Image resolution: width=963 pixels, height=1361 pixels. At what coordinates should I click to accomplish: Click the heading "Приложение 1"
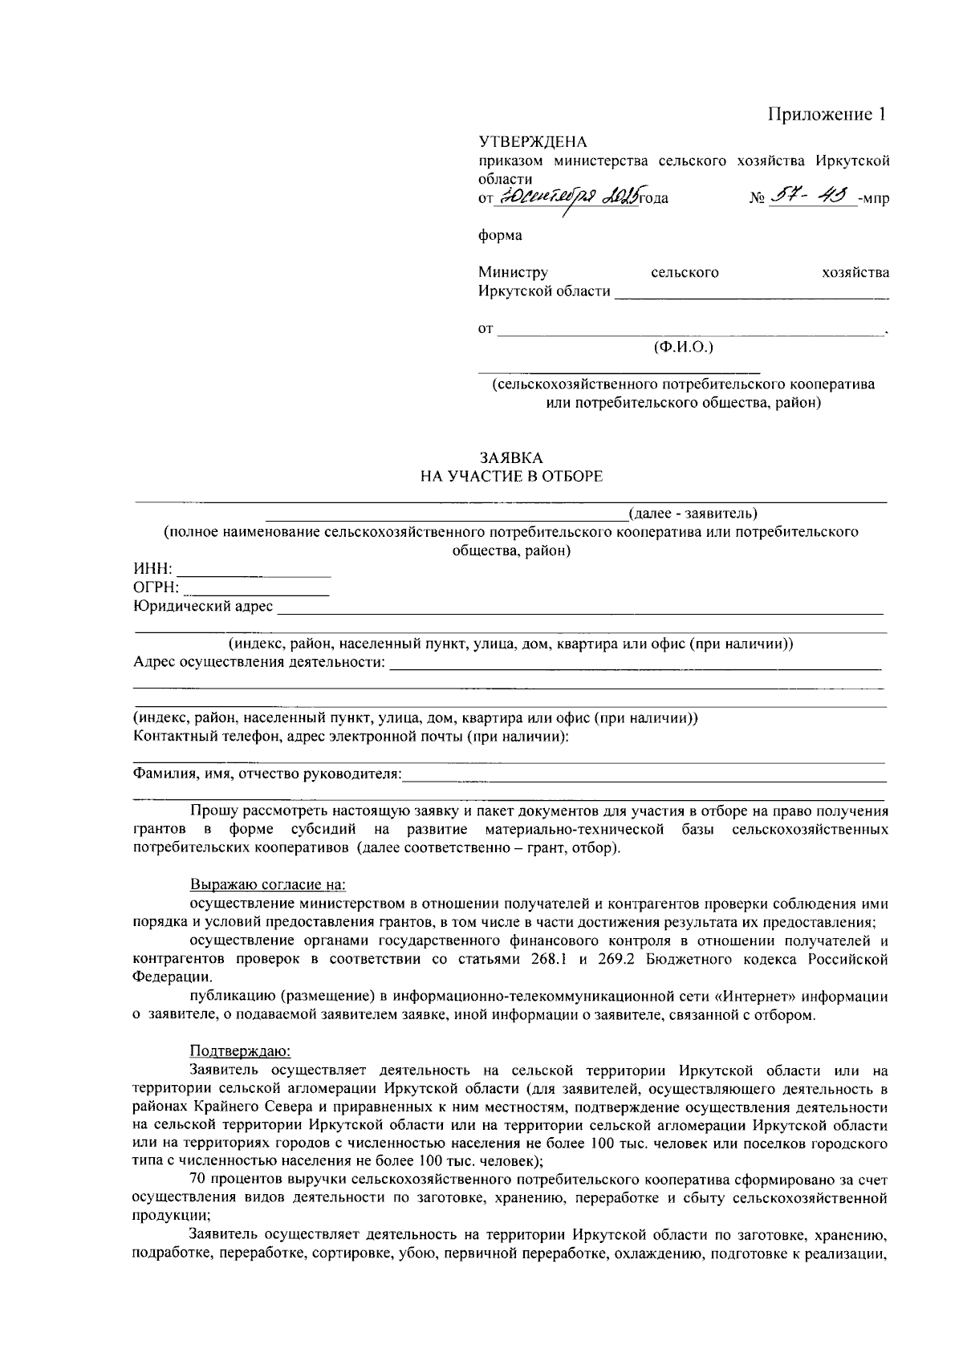827,115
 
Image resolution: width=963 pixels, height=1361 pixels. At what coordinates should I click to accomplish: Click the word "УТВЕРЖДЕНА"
533,143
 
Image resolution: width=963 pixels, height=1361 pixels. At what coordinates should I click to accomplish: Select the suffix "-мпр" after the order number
873,198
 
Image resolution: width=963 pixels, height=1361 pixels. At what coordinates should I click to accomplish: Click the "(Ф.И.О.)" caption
684,347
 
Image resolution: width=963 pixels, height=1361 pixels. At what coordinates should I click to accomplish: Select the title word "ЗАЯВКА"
511,458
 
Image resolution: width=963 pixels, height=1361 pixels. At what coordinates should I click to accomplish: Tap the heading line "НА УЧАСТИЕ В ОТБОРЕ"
512,477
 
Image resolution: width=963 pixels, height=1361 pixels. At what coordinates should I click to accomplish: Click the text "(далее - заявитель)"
693,513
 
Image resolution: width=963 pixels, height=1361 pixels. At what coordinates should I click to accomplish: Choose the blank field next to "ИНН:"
254,570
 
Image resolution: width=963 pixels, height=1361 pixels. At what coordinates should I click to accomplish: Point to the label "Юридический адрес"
203,607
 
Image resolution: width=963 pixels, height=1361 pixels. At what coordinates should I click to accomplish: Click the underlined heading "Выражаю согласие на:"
267,886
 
